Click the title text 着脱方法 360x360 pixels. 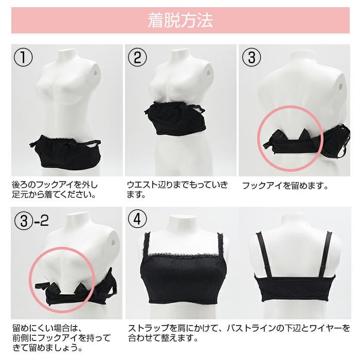pyautogui.click(x=180, y=21)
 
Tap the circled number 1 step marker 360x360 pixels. pyautogui.click(x=23, y=57)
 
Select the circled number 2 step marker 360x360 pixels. pyautogui.click(x=137, y=57)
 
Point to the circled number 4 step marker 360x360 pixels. pyautogui.click(x=137, y=219)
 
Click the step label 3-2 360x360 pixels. pyautogui.click(x=31, y=221)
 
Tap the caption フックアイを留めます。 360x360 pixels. pyautogui.click(x=285, y=186)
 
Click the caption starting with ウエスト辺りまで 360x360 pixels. pyautogui.click(x=177, y=189)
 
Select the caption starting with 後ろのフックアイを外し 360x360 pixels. pyautogui.click(x=55, y=189)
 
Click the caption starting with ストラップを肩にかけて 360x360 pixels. pyautogui.click(x=239, y=333)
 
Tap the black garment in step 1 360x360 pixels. pyautogui.click(x=66, y=151)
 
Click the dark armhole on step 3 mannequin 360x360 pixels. pyautogui.click(x=340, y=86)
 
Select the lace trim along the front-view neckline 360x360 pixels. pyautogui.click(x=183, y=255)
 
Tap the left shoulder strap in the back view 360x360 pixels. pyautogui.click(x=264, y=255)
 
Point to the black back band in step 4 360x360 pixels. pyautogui.click(x=295, y=289)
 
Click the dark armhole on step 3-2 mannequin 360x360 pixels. pyautogui.click(x=113, y=242)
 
